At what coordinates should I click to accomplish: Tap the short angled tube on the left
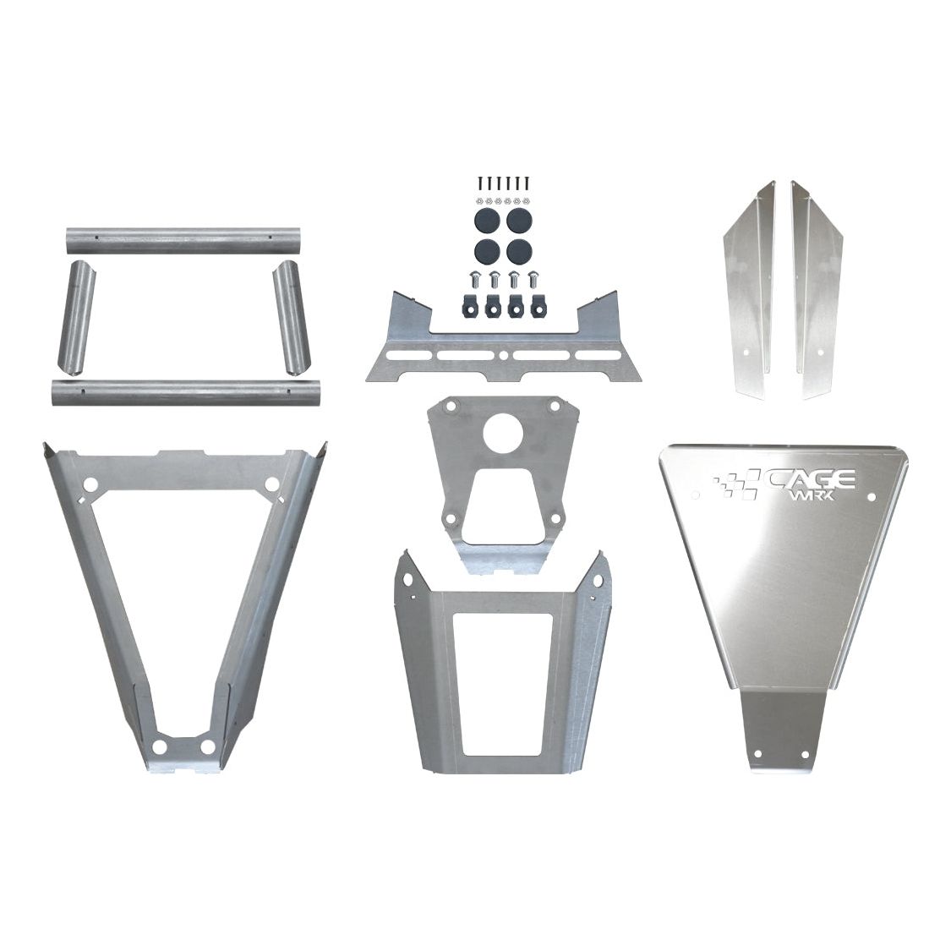(x=74, y=318)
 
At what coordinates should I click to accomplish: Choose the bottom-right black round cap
(x=519, y=251)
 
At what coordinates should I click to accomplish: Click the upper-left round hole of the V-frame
(x=91, y=485)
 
